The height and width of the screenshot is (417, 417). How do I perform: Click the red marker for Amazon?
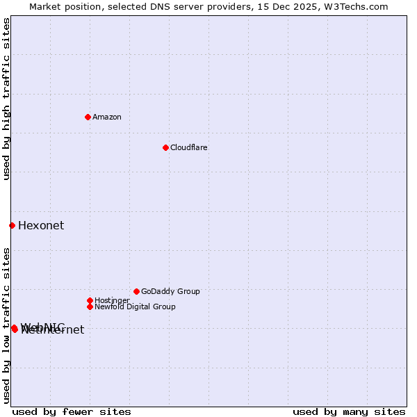88,117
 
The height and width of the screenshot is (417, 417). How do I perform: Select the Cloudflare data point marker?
165,147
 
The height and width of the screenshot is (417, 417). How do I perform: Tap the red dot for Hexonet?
12,225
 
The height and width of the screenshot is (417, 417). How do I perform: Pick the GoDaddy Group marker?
136,291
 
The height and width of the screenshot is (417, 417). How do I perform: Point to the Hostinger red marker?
90,300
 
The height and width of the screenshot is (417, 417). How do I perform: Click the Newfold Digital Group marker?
90,306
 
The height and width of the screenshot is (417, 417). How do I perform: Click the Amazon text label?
107,117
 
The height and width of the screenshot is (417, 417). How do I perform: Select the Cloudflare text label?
189,147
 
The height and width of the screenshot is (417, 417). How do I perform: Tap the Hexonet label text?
41,225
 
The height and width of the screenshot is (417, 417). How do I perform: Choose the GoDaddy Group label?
170,291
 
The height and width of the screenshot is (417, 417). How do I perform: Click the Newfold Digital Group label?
135,306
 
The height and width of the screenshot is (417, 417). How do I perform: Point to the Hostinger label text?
112,300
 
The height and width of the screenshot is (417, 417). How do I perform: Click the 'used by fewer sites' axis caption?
72,411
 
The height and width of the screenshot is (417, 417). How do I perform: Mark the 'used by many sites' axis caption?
349,411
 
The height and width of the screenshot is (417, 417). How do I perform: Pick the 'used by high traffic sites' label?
6,99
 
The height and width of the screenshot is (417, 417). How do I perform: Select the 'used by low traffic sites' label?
6,325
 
